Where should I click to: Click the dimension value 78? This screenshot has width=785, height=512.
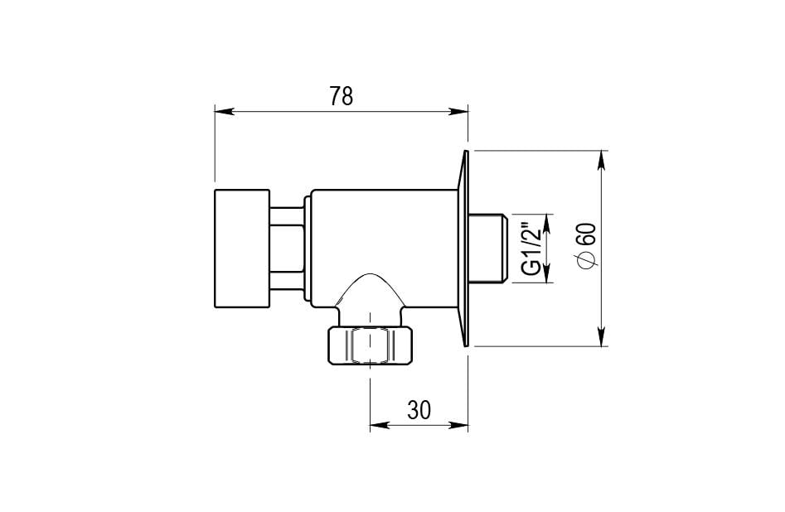(342, 96)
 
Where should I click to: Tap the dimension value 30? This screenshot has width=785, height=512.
(419, 410)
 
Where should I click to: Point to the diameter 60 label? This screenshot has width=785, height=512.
(586, 246)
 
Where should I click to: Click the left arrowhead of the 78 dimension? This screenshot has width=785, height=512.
(224, 111)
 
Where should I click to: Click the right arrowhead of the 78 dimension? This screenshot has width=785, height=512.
(458, 111)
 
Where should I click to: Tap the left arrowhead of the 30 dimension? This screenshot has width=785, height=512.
(379, 425)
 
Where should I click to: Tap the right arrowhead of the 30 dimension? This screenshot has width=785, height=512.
(458, 425)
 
